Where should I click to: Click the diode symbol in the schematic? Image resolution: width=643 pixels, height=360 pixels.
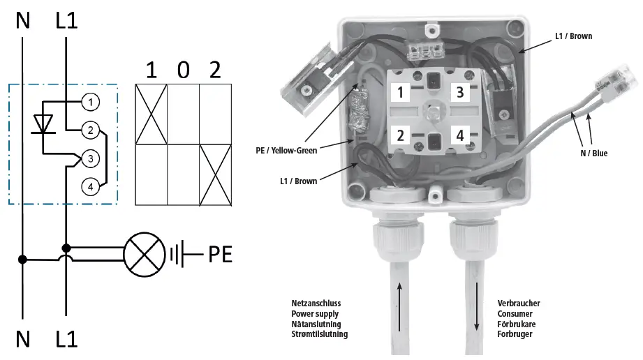pyautogui.click(x=44, y=123)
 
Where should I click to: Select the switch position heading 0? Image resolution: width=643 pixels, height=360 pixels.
pyautogui.click(x=183, y=70)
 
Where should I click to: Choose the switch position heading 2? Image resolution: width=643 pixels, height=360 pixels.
pyautogui.click(x=215, y=70)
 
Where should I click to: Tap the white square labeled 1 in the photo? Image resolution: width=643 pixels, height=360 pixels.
pyautogui.click(x=401, y=92)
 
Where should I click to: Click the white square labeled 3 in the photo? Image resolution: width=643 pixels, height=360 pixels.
pyautogui.click(x=459, y=92)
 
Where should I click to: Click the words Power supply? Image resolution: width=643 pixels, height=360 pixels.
pyautogui.click(x=315, y=314)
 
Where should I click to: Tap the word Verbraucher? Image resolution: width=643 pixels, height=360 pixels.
pyautogui.click(x=519, y=303)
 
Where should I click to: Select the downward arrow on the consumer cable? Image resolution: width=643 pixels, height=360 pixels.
pyautogui.click(x=478, y=307)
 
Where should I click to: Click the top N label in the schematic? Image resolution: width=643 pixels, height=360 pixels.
pyautogui.click(x=23, y=21)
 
